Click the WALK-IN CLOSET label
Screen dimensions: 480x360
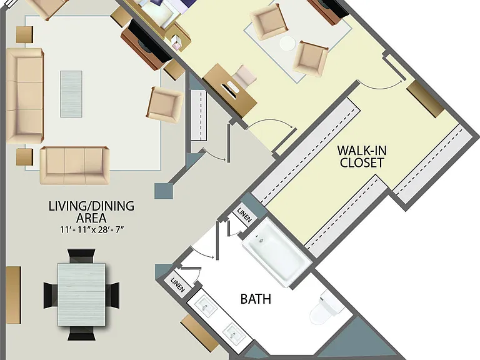click(362, 156)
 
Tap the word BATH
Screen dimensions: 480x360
click(256, 299)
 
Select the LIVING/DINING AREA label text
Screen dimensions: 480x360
click(91, 212)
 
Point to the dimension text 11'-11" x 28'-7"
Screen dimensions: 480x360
click(91, 229)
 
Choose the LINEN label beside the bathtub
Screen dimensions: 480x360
click(244, 215)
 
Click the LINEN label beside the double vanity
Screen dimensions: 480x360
click(178, 285)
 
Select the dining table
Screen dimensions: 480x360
click(81, 294)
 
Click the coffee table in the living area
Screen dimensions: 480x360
click(71, 94)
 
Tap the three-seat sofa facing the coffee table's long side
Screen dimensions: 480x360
click(25, 96)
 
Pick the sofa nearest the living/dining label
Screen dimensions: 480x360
click(75, 165)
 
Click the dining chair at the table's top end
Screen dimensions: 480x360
click(81, 256)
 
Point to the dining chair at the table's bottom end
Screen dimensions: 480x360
click(81, 333)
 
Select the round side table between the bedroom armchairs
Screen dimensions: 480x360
click(287, 44)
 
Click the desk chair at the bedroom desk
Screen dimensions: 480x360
click(244, 75)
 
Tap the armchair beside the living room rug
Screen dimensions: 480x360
click(165, 104)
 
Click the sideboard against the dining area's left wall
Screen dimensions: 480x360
click(14, 295)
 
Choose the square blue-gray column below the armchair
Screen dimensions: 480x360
click(164, 191)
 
